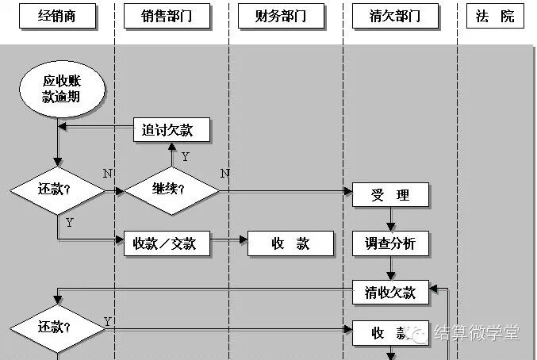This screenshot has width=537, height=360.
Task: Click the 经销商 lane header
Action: (x=57, y=16)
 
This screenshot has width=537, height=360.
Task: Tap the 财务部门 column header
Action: (x=281, y=16)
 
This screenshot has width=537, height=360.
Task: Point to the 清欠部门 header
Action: (x=394, y=16)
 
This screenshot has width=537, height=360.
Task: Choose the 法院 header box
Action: (x=495, y=16)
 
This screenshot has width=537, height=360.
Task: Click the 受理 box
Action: (x=390, y=195)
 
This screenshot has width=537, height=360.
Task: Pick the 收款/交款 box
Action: (x=170, y=243)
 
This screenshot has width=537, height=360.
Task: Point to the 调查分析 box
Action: (x=390, y=243)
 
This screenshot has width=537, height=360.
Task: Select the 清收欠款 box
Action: (x=390, y=292)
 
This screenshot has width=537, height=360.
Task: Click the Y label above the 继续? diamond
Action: (x=185, y=157)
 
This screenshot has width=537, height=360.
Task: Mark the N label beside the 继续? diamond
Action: (x=224, y=174)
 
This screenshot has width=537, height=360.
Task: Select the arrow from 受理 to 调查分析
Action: (x=390, y=219)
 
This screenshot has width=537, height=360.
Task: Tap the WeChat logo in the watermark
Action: (x=421, y=334)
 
